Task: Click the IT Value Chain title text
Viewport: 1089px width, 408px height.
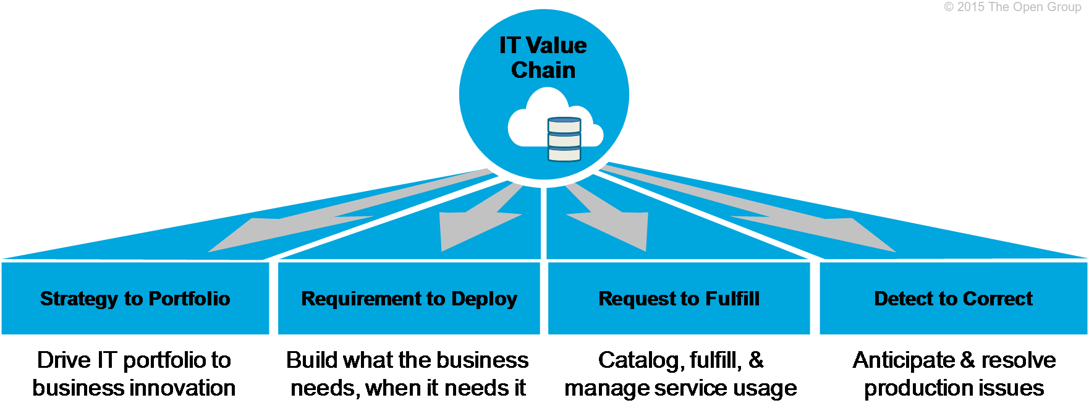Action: pos(543,57)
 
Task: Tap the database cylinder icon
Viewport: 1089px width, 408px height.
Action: pos(564,139)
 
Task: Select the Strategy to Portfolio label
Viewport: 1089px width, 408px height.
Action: pos(135,299)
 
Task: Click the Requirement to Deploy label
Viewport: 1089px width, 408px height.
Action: pos(409,299)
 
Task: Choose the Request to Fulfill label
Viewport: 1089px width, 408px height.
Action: pos(679,299)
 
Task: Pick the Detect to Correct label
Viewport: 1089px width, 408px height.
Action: pos(953,299)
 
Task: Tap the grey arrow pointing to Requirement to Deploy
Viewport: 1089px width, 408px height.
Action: pos(479,216)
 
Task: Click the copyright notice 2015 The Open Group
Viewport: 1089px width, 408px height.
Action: pos(1012,7)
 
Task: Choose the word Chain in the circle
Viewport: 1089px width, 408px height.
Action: pos(543,70)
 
